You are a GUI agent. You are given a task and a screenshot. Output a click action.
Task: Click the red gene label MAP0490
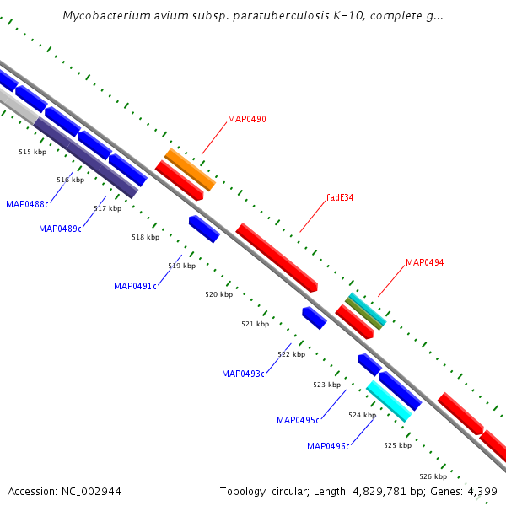tap(246, 120)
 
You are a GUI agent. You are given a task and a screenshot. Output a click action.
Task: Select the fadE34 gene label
tap(339, 198)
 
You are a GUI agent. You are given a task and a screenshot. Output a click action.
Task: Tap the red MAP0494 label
tap(424, 262)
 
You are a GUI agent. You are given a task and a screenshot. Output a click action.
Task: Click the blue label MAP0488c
tap(27, 204)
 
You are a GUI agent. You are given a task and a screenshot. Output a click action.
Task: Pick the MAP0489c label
tap(60, 229)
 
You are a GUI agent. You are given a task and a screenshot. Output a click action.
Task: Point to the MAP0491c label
tap(135, 286)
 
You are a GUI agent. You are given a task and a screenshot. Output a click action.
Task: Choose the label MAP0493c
tap(243, 374)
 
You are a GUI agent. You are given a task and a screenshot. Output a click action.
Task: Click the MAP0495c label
tap(298, 420)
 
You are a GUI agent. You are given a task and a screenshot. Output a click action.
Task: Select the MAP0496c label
tap(328, 446)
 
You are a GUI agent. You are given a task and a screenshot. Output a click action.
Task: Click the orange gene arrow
tap(190, 169)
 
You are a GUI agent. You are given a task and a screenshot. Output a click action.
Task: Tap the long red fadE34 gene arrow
tap(276, 257)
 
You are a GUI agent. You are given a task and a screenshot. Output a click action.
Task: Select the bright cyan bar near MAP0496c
tap(389, 401)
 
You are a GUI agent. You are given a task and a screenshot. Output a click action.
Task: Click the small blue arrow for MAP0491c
tap(204, 229)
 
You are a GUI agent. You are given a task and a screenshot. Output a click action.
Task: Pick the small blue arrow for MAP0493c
tap(314, 318)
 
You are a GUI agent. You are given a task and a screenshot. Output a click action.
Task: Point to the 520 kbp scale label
tap(218, 294)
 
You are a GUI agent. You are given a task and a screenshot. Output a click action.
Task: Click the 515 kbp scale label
tap(32, 152)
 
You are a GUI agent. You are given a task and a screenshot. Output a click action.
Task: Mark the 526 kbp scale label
tap(433, 476)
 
